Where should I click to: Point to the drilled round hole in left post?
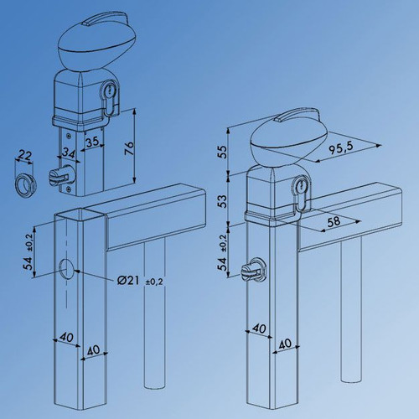pos(65,268)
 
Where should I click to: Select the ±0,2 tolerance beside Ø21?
pos(154,281)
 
